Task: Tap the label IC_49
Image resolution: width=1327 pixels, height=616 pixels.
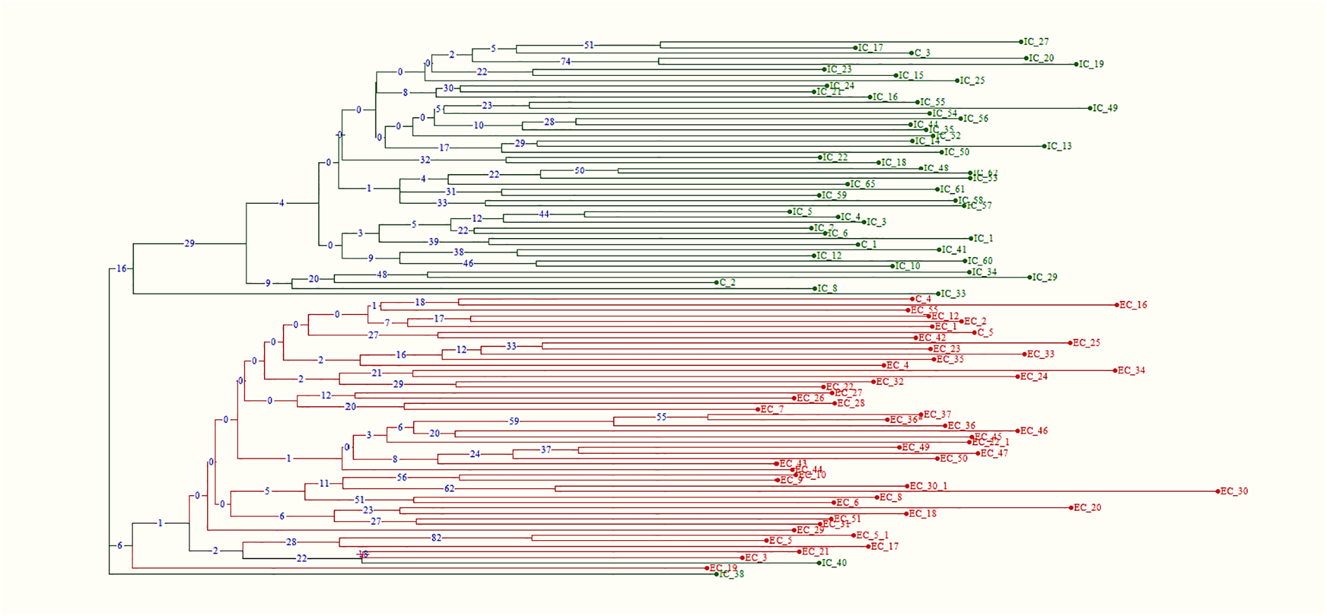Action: pos(1105,108)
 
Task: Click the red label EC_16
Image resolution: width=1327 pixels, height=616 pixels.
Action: pos(1133,305)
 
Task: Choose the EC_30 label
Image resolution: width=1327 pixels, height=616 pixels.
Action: pos(1234,492)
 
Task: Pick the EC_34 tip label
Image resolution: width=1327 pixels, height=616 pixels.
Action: pos(1131,370)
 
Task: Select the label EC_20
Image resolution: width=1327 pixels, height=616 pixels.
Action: pos(1087,508)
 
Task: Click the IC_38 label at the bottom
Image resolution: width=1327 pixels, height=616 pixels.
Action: pos(732,575)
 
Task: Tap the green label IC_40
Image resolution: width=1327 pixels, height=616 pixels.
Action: pos(834,563)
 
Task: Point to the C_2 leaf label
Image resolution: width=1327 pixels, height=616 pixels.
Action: pos(727,282)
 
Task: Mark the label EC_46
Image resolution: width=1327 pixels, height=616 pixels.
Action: pos(1034,431)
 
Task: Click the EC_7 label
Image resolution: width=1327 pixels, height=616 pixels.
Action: pos(772,409)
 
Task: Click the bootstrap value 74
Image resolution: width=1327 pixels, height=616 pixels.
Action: pos(565,62)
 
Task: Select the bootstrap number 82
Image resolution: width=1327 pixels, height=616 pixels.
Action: pos(436,538)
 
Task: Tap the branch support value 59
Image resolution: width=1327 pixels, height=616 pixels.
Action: pos(514,421)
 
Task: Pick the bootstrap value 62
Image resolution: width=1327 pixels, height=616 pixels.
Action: pos(449,489)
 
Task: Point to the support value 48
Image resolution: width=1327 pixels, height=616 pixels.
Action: pos(382,275)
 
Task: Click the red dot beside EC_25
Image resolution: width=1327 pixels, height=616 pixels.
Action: pos(1071,343)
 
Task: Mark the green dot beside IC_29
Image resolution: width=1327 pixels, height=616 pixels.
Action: pos(1030,277)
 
